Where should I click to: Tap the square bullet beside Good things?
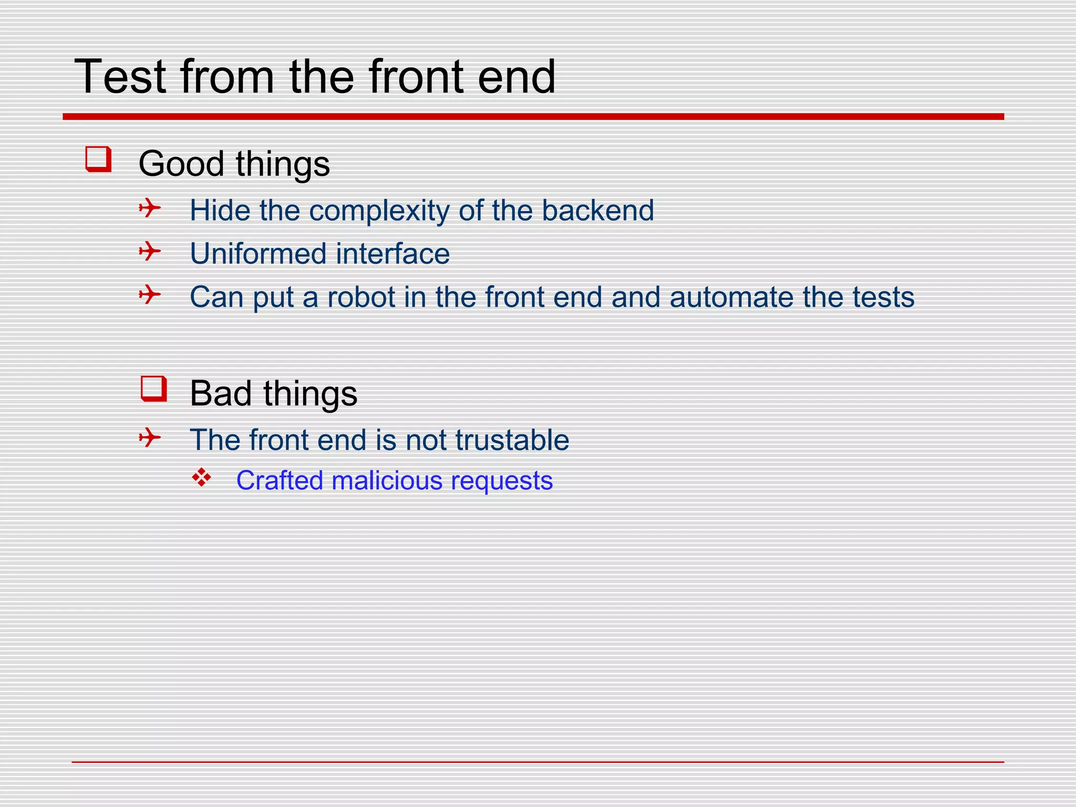tap(99, 159)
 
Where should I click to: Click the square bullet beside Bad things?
tap(154, 389)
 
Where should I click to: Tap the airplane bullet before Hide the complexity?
tap(150, 208)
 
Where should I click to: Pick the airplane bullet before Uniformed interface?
tap(150, 251)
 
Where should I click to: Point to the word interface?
tap(393, 254)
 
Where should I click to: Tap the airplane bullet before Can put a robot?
tap(150, 294)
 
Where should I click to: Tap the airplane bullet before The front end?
tap(150, 437)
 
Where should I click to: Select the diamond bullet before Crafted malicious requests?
tap(202, 478)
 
